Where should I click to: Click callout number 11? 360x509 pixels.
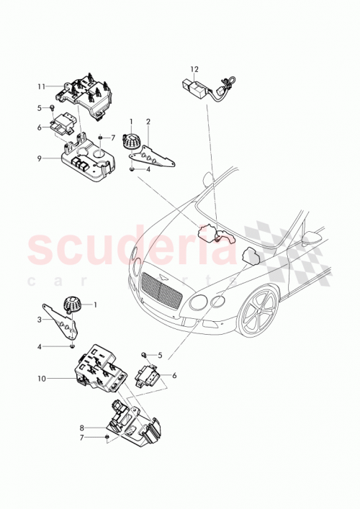(41, 86)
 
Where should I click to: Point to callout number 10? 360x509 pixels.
(41, 377)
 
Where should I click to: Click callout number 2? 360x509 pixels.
(148, 122)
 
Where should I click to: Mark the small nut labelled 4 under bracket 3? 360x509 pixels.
(74, 346)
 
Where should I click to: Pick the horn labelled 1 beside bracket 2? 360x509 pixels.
(132, 141)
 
